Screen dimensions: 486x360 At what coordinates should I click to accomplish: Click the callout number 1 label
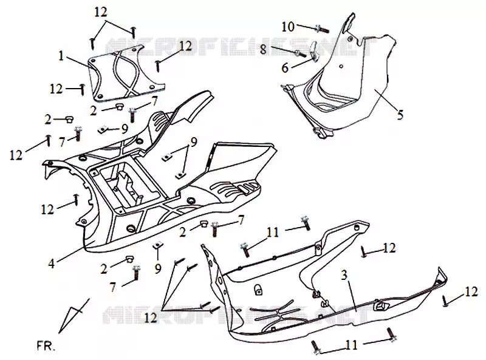(61, 56)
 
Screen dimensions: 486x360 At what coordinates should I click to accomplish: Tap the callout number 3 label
(344, 275)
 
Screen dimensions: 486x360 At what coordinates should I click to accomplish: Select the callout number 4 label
(52, 263)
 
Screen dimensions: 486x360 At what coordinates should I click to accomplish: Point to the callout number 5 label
(400, 115)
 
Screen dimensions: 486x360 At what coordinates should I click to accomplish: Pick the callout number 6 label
(285, 68)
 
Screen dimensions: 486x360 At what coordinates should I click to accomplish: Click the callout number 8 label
(263, 49)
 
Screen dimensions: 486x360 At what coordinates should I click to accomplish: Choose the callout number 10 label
(287, 27)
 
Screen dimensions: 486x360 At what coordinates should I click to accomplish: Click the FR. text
(46, 346)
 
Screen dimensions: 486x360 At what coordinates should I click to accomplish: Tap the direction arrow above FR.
(74, 316)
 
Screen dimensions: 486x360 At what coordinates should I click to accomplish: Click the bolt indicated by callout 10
(322, 29)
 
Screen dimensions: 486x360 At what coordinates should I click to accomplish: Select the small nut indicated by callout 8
(300, 54)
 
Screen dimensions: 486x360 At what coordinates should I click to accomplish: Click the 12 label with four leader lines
(150, 318)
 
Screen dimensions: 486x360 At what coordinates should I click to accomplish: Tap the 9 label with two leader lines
(193, 142)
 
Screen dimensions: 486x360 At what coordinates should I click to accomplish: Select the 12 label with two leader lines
(101, 12)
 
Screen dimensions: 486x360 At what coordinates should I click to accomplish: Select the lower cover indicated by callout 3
(323, 288)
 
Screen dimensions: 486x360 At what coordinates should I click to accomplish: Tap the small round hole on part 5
(341, 66)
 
